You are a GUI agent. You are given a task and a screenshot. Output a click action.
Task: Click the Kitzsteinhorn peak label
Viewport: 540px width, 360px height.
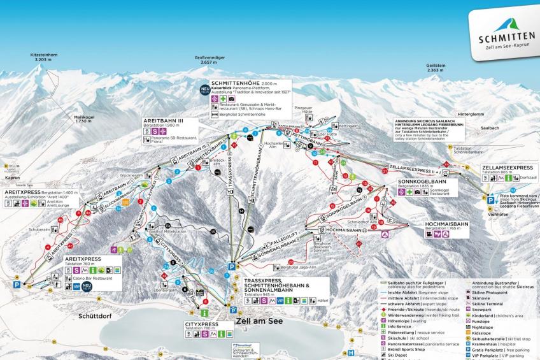click(x=44, y=55)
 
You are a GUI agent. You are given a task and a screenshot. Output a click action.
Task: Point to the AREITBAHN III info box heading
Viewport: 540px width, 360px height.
click(x=163, y=119)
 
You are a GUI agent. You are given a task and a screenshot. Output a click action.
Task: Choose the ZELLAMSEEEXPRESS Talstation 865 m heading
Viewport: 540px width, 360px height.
click(x=507, y=168)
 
